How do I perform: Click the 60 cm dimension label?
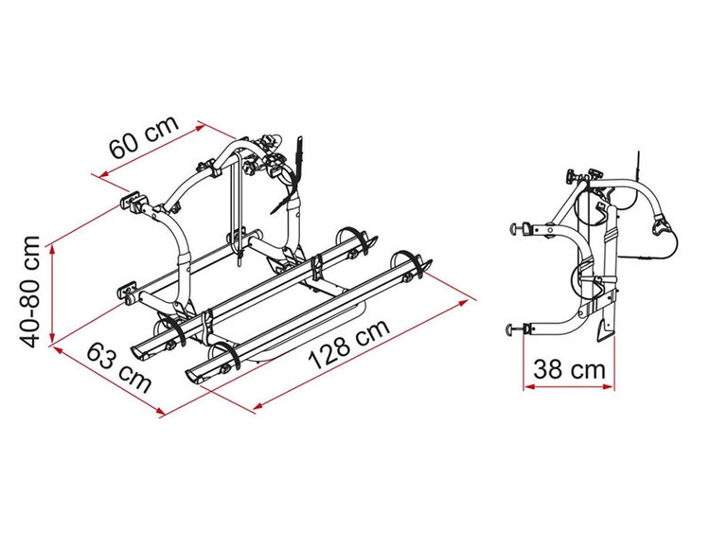point(145,136)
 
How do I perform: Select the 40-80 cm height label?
point(31,292)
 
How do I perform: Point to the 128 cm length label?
point(348,344)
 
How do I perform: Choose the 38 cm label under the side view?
point(569,369)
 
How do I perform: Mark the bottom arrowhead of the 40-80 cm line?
point(52,340)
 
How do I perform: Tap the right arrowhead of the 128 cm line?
point(463,303)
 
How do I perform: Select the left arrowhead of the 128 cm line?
point(259,404)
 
